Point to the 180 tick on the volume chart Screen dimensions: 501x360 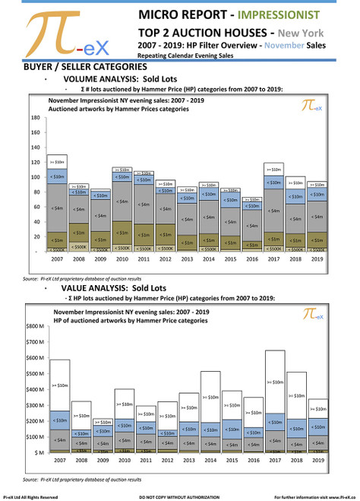coord(36,119)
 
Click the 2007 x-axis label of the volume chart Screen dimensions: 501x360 coord(57,259)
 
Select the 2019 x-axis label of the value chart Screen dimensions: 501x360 coord(318,461)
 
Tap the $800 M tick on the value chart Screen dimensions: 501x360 coord(34,326)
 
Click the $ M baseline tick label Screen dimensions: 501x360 coord(36,453)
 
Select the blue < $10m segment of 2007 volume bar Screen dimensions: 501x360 coord(57,176)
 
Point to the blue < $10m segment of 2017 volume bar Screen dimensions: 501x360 coord(275,182)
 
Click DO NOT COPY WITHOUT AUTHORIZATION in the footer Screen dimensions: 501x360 coord(181,496)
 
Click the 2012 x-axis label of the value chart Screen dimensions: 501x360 coord(166,461)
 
